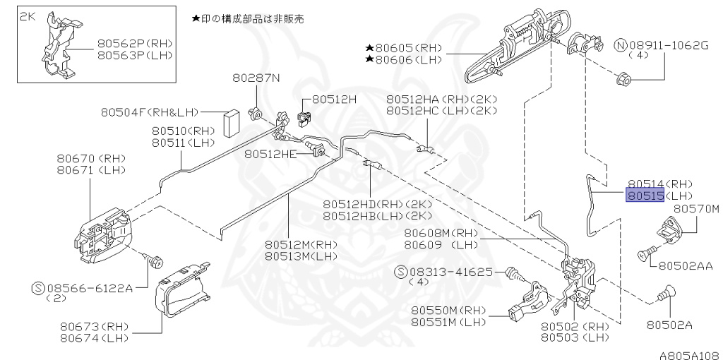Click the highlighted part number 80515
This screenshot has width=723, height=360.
click(644, 195)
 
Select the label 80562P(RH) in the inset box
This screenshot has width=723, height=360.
click(134, 43)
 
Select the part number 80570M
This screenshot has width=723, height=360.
click(695, 208)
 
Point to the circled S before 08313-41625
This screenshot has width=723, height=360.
click(401, 271)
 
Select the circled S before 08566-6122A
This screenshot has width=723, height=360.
click(38, 287)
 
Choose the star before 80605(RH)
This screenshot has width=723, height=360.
click(369, 48)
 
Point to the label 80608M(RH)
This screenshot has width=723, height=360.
click(441, 233)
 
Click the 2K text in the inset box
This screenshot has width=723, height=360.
click(27, 15)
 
